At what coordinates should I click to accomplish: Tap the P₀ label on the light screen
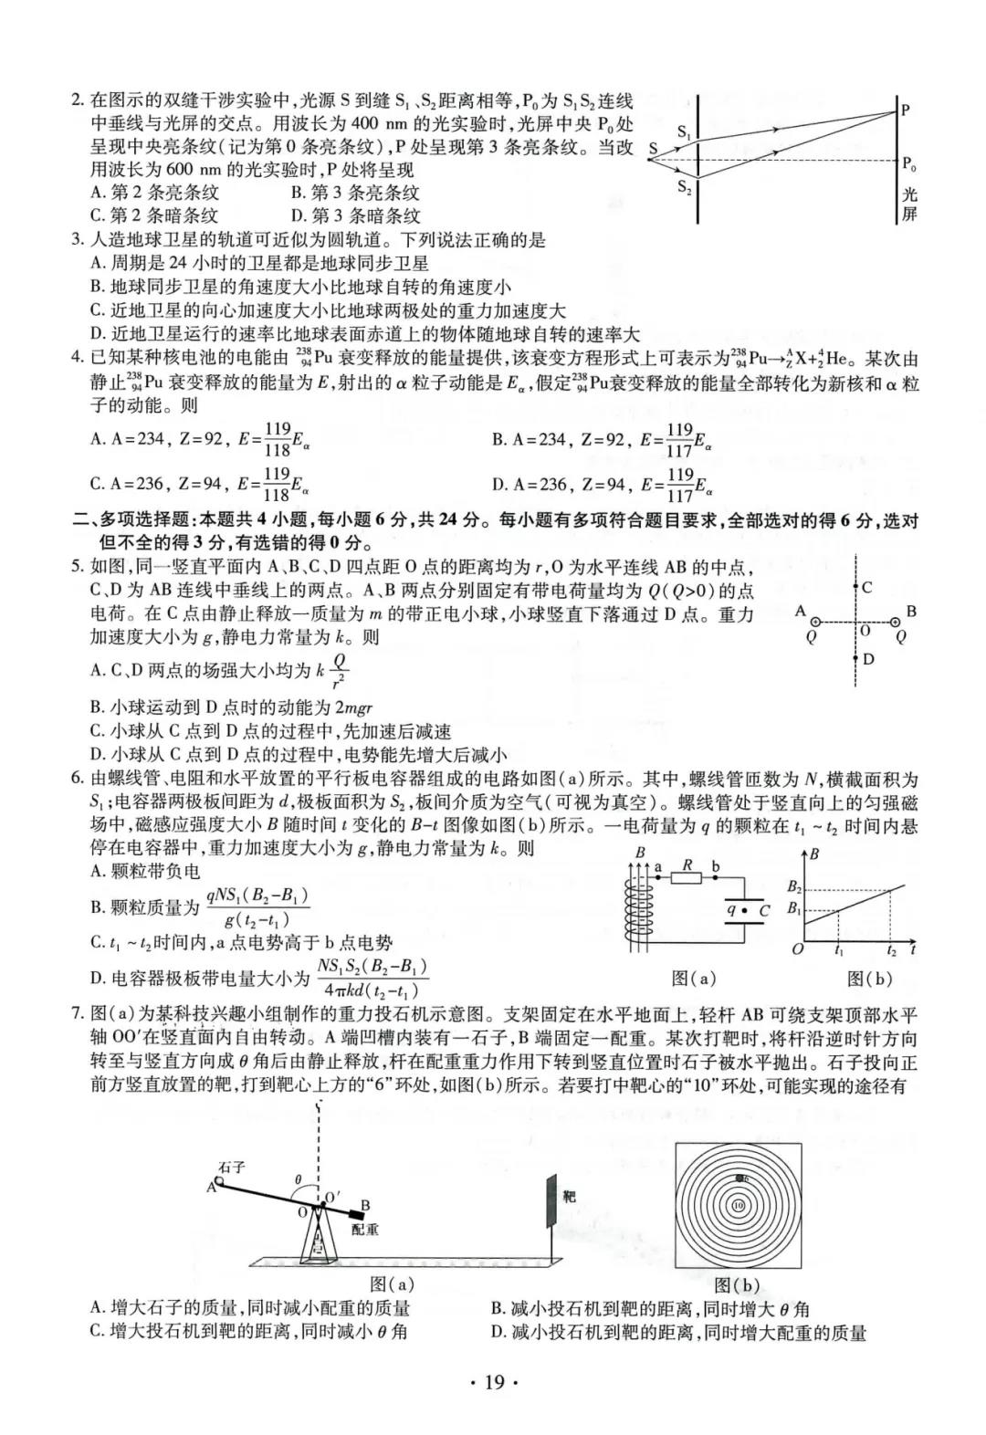(x=908, y=164)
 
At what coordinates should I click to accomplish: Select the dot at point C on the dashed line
(x=855, y=589)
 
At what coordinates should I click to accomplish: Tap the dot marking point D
(x=855, y=657)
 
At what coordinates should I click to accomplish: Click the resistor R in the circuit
(x=687, y=877)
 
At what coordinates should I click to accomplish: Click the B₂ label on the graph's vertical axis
(x=793, y=886)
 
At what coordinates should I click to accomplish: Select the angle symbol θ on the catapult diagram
(x=298, y=1179)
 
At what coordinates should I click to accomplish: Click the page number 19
(x=493, y=1382)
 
